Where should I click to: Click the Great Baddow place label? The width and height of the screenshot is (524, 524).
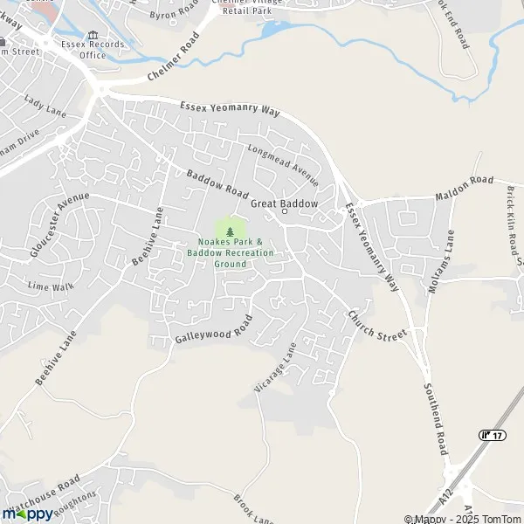coord(284,203)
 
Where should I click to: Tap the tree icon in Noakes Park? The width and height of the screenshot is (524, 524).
coord(231,231)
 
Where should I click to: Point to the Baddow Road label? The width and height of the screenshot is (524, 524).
coord(217,183)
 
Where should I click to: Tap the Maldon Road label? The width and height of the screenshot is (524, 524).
coord(465,190)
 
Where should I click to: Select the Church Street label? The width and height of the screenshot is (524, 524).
coord(377,325)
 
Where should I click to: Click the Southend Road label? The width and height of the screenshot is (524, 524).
coord(435,419)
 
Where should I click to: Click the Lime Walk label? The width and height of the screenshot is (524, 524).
coord(45,286)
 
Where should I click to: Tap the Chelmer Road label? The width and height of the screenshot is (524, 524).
coord(174,57)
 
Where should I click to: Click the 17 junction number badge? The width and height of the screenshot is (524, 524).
coord(491,434)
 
